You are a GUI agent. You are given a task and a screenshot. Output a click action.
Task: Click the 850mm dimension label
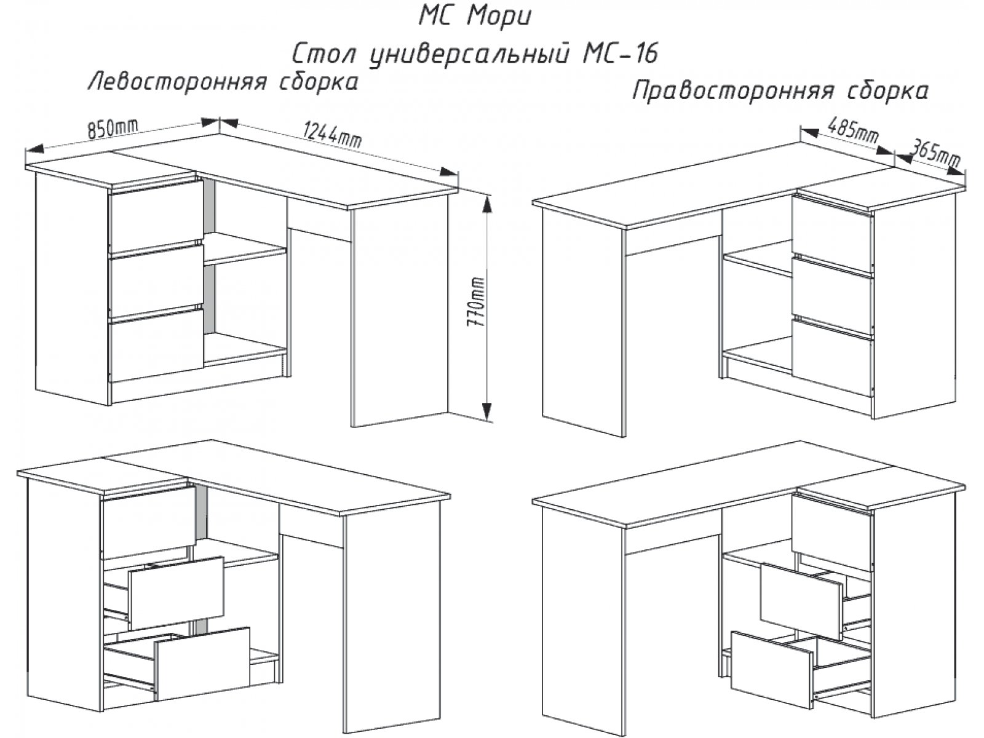pyautogui.click(x=113, y=129)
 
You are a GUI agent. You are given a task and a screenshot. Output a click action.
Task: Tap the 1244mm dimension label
pyautogui.click(x=331, y=134)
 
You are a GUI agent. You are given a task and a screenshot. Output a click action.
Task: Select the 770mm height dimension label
pyautogui.click(x=475, y=301)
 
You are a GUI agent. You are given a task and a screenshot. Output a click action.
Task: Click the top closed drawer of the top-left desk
pyautogui.click(x=156, y=215)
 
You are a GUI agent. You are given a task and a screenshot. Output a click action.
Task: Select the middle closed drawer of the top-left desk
pyautogui.click(x=156, y=280)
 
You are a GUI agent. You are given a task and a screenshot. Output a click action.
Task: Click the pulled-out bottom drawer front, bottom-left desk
pyautogui.click(x=202, y=664)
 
